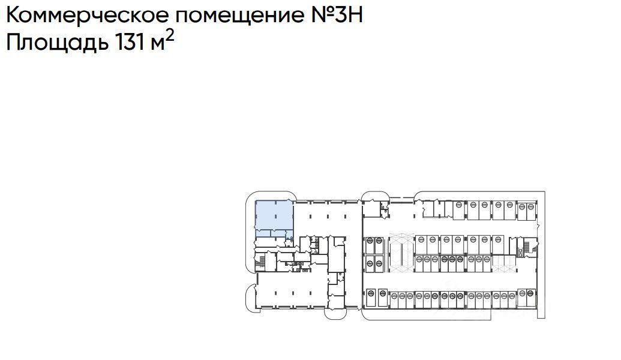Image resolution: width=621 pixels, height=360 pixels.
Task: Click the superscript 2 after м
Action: pos(170,37)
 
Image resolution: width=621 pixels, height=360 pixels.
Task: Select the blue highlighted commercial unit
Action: pos(274,217)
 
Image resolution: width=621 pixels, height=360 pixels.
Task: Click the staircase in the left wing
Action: pos(260,262)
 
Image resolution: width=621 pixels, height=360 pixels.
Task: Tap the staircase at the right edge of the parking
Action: pos(528,247)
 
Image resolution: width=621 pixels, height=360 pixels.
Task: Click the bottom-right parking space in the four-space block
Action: pos(379,263)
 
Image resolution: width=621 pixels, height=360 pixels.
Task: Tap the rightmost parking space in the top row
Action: pos(530,209)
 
